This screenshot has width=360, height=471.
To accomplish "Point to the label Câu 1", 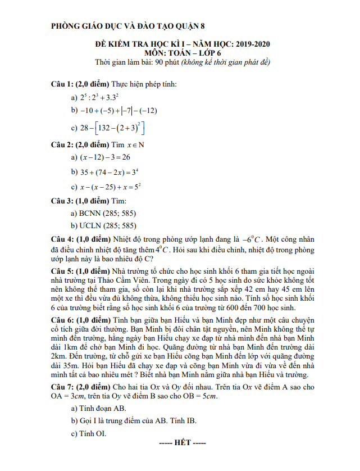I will click(x=62, y=84).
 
